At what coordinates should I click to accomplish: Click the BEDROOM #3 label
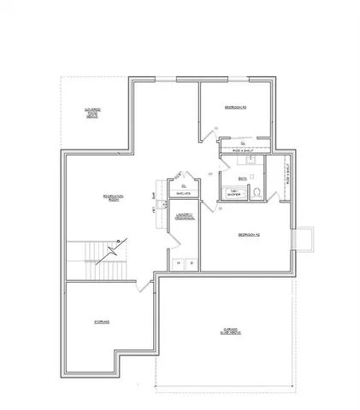[x=236, y=108]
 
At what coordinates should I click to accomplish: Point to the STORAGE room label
[x=102, y=321]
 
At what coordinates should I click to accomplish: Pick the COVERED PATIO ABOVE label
[x=92, y=112]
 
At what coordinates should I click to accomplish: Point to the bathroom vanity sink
[x=251, y=160]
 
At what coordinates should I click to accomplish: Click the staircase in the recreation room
[x=97, y=255]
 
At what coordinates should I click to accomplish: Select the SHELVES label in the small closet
[x=182, y=194]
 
